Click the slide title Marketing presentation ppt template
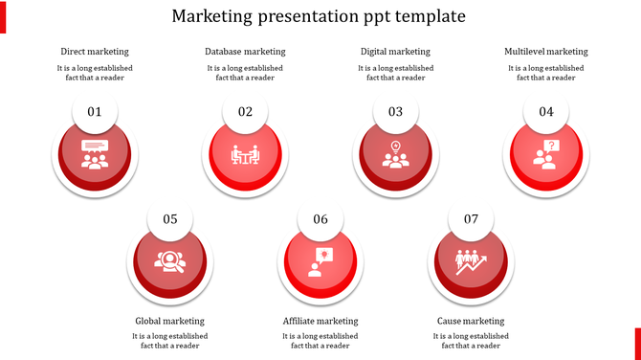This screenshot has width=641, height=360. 320,16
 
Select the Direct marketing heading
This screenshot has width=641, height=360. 95,52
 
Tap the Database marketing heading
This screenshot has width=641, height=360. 245,52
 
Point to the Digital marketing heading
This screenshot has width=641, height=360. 395,52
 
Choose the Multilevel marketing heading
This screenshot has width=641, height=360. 546,52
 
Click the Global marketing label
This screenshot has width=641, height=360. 170,321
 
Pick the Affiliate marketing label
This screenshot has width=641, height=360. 320,321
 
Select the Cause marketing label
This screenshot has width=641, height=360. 471,321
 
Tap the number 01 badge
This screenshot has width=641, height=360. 95,112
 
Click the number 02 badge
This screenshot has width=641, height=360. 245,112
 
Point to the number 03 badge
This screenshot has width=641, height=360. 395,112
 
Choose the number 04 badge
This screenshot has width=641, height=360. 546,112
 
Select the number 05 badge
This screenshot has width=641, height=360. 170,219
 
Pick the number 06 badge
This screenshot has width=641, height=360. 320,219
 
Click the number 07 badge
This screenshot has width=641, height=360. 471,219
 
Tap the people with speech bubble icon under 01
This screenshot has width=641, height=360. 95,154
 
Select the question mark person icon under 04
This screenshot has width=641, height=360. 546,154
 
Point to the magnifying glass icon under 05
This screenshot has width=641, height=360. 170,261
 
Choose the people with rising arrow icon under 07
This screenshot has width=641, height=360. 471,261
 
